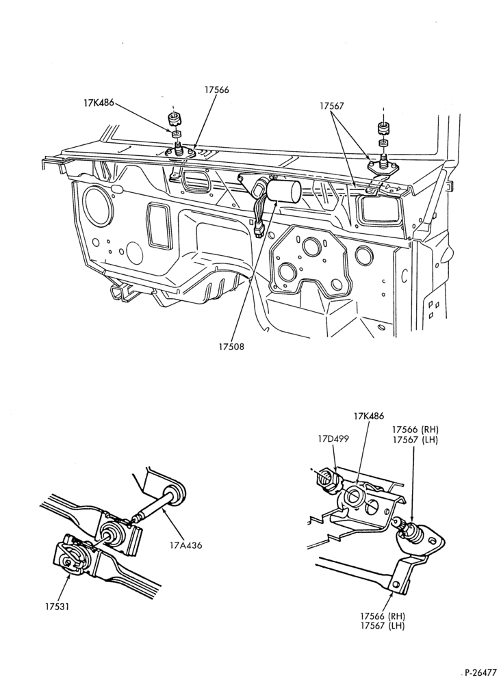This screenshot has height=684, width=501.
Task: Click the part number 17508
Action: (x=232, y=347)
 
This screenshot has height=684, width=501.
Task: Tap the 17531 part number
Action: (x=57, y=606)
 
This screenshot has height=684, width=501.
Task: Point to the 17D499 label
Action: (x=333, y=439)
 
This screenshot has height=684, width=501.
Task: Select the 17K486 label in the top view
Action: (x=99, y=103)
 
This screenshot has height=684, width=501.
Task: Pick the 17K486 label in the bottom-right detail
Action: (x=369, y=416)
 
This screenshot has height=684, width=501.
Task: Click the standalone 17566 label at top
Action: (x=216, y=90)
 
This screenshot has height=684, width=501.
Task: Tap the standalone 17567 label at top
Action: (x=332, y=105)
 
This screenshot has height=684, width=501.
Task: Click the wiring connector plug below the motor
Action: (x=259, y=229)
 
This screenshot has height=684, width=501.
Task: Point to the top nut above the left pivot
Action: (x=175, y=118)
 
